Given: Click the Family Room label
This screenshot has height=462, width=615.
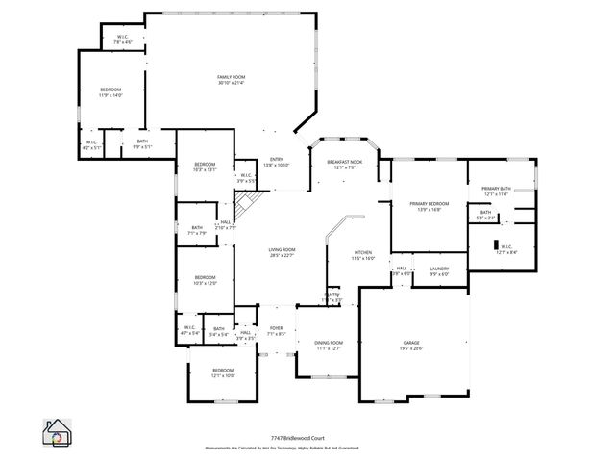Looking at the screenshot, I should [231, 76].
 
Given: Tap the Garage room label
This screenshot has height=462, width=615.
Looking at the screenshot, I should [411, 342].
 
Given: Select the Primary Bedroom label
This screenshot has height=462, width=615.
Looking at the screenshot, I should [430, 204].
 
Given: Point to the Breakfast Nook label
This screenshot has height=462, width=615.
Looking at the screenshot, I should [344, 162].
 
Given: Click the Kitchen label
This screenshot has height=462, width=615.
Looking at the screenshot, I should [361, 253].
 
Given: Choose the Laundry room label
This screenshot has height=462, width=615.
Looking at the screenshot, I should [440, 269].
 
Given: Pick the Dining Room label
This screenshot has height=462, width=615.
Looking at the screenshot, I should [330, 343].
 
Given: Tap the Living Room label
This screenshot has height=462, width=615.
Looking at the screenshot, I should [282, 250].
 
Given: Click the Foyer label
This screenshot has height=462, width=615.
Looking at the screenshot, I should [276, 328].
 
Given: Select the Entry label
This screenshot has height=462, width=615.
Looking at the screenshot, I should [277, 159].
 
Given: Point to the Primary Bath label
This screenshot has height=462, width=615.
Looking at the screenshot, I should [497, 189].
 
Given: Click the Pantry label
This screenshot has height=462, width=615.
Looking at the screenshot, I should [332, 295].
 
